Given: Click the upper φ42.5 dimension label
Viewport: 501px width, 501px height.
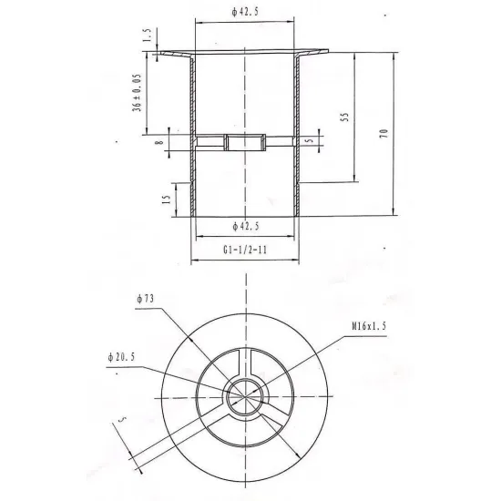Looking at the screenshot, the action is pyautogui.click(x=245, y=12).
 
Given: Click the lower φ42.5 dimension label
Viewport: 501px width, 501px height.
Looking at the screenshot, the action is pyautogui.click(x=245, y=227).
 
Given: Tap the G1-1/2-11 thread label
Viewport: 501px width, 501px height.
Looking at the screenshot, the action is pyautogui.click(x=245, y=250).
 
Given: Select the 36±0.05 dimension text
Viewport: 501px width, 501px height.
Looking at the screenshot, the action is pyautogui.click(x=137, y=93).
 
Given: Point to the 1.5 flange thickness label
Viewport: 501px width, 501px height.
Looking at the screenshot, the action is pyautogui.click(x=147, y=36).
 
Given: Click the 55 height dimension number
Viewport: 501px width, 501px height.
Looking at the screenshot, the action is pyautogui.click(x=344, y=117).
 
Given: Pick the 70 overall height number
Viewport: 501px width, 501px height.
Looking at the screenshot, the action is pyautogui.click(x=383, y=133).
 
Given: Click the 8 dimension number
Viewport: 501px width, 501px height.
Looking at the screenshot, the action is pyautogui.click(x=159, y=141).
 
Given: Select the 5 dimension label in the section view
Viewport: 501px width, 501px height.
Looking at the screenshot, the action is pyautogui.click(x=310, y=140).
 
